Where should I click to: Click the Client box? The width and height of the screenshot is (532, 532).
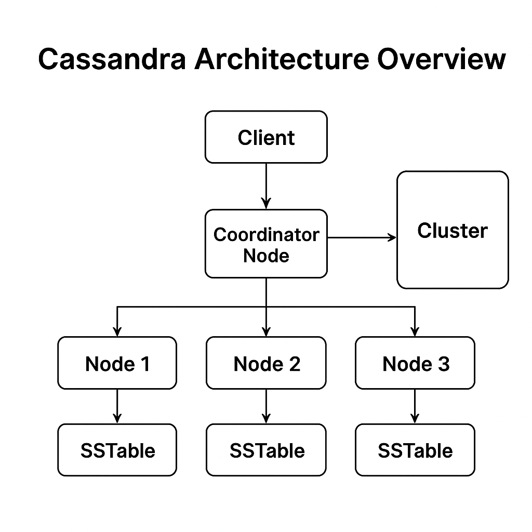[x=266, y=137]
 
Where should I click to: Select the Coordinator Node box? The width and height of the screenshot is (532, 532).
[x=266, y=244]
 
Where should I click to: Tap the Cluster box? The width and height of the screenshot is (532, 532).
[x=452, y=230]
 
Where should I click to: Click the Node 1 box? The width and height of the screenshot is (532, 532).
[x=117, y=363]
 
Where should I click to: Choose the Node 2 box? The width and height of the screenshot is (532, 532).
[x=266, y=363]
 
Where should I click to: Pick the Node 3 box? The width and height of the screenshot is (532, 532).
[x=415, y=363]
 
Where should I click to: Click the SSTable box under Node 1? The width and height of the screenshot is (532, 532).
[x=117, y=450]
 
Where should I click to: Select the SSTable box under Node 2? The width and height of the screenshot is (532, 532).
[x=266, y=450]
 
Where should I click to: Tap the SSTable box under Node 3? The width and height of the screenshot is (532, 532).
[x=415, y=450]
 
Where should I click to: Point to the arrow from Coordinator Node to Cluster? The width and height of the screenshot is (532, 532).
[x=362, y=237]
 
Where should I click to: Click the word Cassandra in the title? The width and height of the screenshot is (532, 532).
[x=112, y=59]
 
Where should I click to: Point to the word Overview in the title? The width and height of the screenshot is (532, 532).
[x=441, y=59]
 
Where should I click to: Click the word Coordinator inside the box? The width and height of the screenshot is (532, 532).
[x=266, y=234]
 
